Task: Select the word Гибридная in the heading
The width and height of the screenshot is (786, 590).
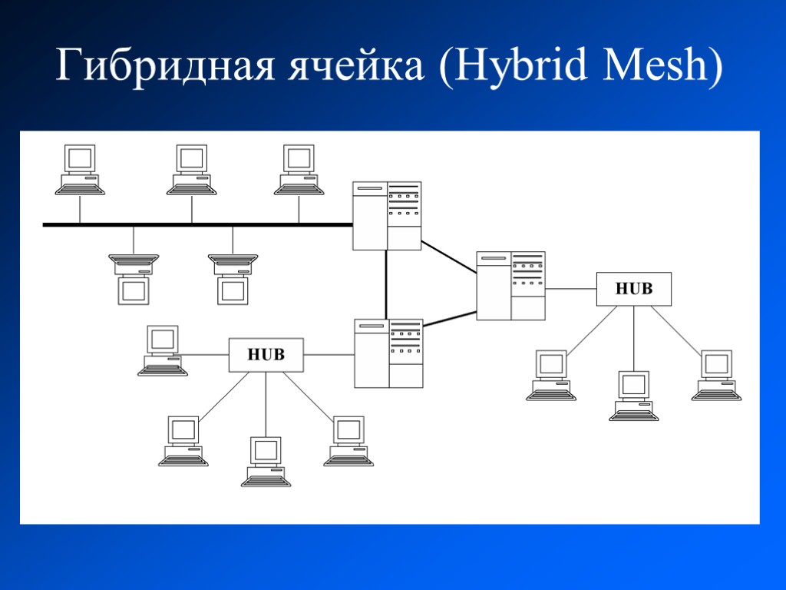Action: click(163, 68)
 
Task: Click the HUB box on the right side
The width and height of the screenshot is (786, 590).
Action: click(634, 289)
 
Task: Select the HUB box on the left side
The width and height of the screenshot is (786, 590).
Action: click(266, 355)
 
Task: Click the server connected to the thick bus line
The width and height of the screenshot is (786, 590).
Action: click(387, 216)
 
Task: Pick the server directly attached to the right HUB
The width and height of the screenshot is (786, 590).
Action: click(510, 285)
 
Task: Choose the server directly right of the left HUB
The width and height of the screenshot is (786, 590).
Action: click(388, 353)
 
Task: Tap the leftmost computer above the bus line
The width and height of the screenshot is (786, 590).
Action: click(80, 170)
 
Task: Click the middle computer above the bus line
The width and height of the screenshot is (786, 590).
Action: click(191, 170)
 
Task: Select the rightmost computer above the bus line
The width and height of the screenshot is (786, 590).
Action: click(299, 170)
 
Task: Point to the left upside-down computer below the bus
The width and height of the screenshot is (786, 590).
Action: click(134, 279)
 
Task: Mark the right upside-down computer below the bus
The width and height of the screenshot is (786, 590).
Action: click(233, 279)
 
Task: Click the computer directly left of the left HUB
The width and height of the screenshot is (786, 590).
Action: click(163, 350)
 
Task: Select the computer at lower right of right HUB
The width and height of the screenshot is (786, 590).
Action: click(716, 375)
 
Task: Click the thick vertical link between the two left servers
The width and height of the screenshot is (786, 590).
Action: click(386, 284)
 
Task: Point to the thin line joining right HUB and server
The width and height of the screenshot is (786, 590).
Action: click(571, 289)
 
